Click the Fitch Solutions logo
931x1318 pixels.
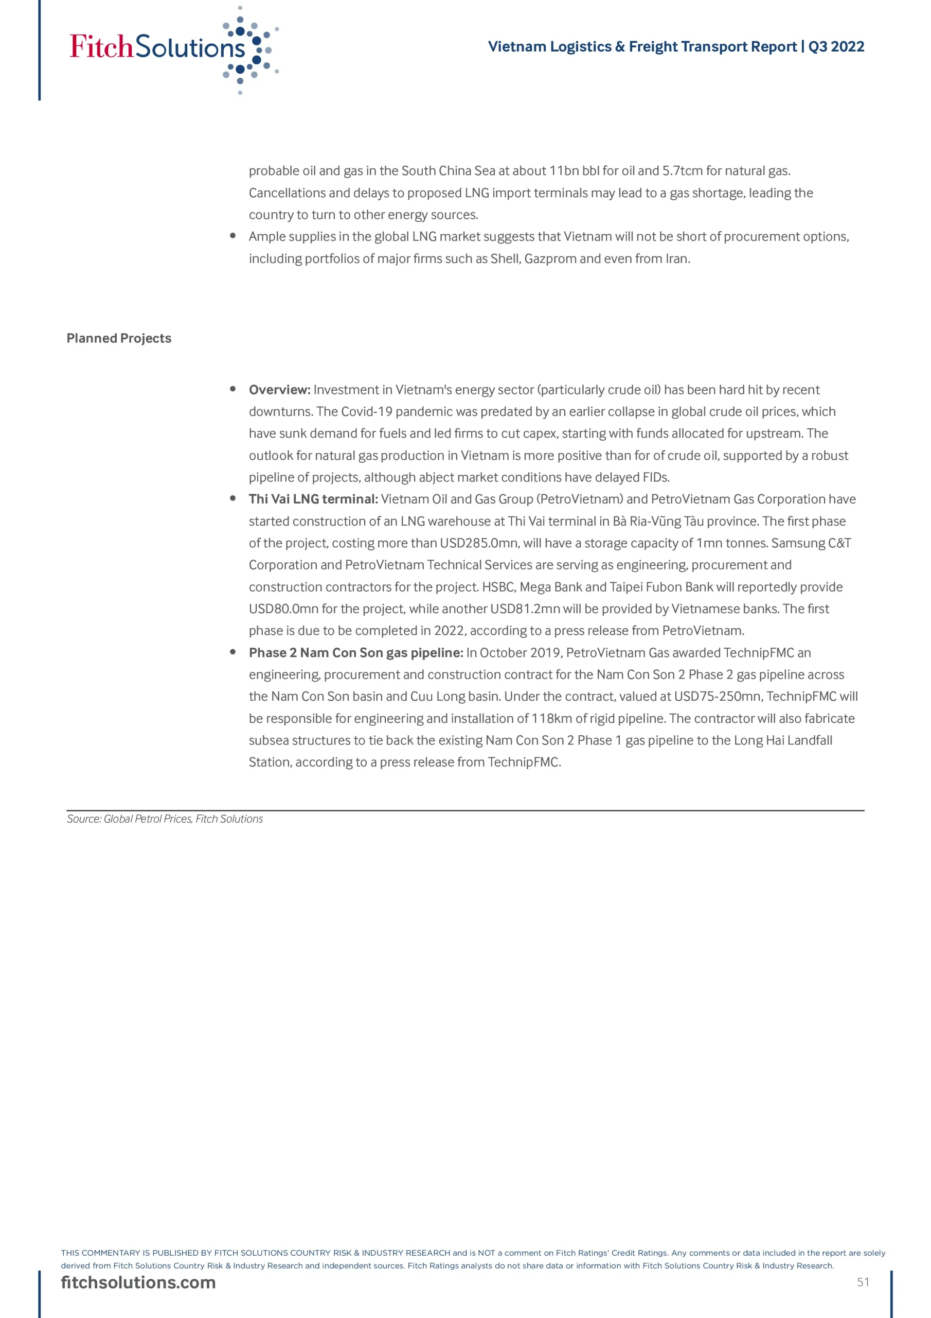pyautogui.click(x=172, y=49)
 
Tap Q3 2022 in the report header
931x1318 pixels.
pyautogui.click(x=836, y=46)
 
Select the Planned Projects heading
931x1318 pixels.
pyautogui.click(x=119, y=338)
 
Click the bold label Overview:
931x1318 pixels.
pyautogui.click(x=279, y=390)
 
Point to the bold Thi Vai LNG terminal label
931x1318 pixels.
pyautogui.click(x=313, y=499)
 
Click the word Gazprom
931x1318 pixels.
pyautogui.click(x=549, y=258)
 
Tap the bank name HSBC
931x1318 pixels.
pyautogui.click(x=498, y=587)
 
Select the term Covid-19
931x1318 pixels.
pyautogui.click(x=367, y=411)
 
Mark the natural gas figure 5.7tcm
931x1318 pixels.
pyautogui.click(x=682, y=170)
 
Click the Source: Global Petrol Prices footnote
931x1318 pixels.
pyautogui.click(x=165, y=819)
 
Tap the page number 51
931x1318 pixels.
pyautogui.click(x=863, y=1282)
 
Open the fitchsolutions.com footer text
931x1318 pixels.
pyautogui.click(x=138, y=1282)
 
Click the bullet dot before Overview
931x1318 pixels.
pyautogui.click(x=233, y=389)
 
